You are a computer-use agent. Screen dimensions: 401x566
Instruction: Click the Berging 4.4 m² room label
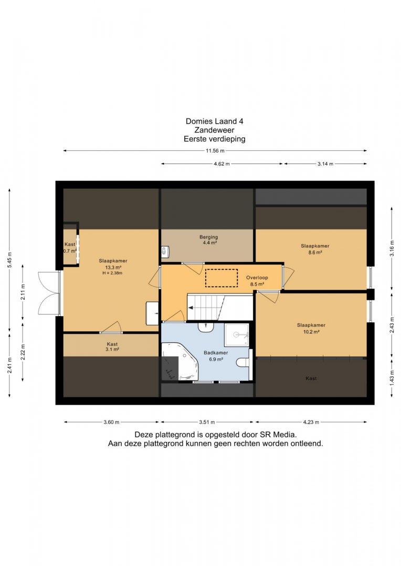(209, 240)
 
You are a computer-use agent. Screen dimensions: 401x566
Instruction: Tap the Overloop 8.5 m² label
(257, 281)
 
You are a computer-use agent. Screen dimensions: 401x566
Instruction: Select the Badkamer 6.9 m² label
(216, 356)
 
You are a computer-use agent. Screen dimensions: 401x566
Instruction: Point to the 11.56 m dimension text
(215, 150)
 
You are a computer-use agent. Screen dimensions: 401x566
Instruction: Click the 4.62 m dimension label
(221, 164)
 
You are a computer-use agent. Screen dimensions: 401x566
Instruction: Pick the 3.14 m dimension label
(325, 164)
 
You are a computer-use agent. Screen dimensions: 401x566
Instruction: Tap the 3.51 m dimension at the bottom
(207, 422)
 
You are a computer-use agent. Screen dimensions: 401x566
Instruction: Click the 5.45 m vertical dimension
(10, 259)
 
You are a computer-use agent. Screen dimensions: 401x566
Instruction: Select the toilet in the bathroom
(244, 362)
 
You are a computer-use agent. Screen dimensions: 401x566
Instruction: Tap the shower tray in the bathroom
(237, 335)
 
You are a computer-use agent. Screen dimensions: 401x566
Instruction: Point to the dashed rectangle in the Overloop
(221, 278)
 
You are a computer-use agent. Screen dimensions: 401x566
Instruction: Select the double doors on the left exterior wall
(50, 293)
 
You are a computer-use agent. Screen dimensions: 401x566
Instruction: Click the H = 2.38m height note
(112, 273)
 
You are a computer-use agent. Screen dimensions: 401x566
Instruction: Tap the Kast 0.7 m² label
(70, 247)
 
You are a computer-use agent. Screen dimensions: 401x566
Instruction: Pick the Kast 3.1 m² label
(112, 347)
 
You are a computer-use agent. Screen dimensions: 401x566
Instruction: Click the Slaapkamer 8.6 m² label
(315, 249)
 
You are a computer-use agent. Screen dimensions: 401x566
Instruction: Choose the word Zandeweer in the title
(215, 130)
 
